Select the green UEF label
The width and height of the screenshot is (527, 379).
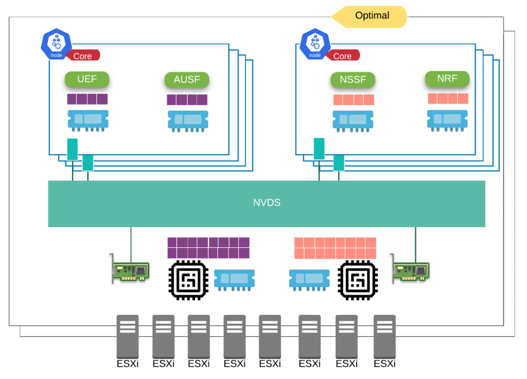[x=87, y=79]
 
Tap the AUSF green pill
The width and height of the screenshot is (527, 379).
[x=187, y=80]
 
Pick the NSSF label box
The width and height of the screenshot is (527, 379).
[x=353, y=80]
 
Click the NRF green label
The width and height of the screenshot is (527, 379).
[x=447, y=79]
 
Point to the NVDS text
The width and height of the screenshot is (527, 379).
[x=267, y=203]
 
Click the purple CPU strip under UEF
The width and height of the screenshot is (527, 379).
[x=87, y=99]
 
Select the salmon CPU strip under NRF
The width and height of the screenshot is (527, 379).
[x=448, y=98]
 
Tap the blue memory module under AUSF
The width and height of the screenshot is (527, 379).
[x=188, y=120]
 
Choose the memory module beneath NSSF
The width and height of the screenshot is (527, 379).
[x=353, y=120]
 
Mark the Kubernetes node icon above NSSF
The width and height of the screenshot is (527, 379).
[x=314, y=44]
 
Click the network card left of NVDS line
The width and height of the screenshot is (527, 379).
[x=131, y=270]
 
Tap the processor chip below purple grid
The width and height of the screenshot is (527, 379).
[x=188, y=280]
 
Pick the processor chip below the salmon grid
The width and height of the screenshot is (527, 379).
[x=357, y=280]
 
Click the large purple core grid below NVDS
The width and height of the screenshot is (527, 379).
[x=208, y=248]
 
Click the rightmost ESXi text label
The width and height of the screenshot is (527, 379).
[x=384, y=364]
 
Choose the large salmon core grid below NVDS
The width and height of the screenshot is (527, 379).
[x=335, y=248]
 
